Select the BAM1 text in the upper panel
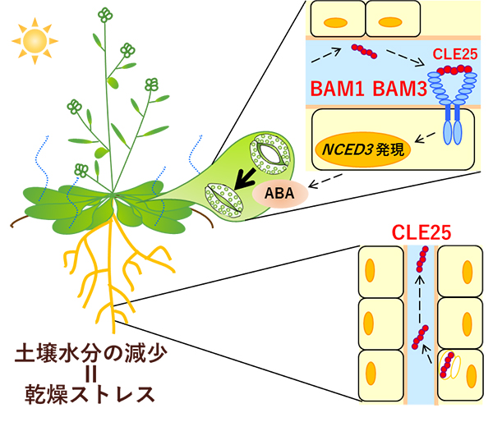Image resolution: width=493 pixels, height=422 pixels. point(339,88)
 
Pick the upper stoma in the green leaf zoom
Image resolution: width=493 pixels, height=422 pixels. point(268,154)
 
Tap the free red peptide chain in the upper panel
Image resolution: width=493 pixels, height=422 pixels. point(362,54)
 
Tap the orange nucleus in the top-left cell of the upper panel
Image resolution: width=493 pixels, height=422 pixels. point(334,15)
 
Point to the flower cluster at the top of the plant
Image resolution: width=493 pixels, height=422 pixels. point(104,14)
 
